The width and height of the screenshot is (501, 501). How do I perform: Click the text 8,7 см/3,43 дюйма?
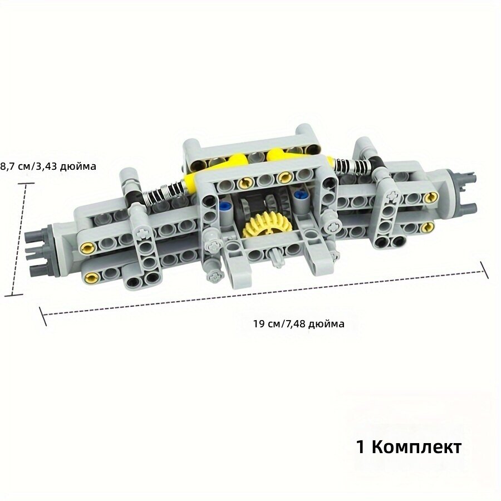pyautogui.click(x=48, y=166)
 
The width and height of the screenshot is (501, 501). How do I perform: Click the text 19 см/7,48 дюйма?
pyautogui.click(x=299, y=323)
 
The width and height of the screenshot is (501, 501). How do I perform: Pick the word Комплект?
pyautogui.click(x=416, y=446)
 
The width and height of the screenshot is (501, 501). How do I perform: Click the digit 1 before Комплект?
pyautogui.click(x=360, y=446)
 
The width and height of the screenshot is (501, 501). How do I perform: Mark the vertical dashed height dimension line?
pyautogui.click(x=18, y=239)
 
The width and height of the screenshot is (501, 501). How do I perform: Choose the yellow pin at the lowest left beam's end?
pyautogui.click(x=92, y=277)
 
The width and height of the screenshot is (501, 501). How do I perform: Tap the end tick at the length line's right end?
pyautogui.click(x=484, y=271)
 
